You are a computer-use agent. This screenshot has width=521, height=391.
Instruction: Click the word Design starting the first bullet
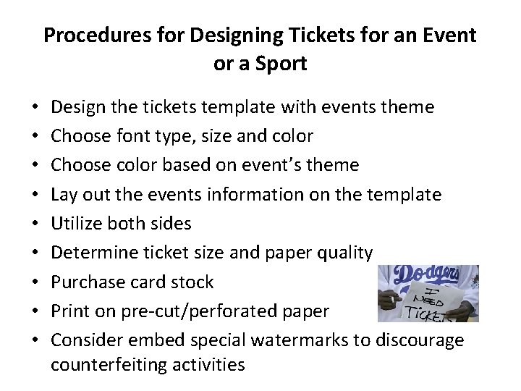tap(76, 107)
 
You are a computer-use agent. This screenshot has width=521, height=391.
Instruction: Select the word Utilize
tap(76, 223)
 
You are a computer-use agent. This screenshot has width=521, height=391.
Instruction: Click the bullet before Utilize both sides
tap(36, 224)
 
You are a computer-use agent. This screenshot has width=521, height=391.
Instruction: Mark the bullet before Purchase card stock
tap(36, 282)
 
